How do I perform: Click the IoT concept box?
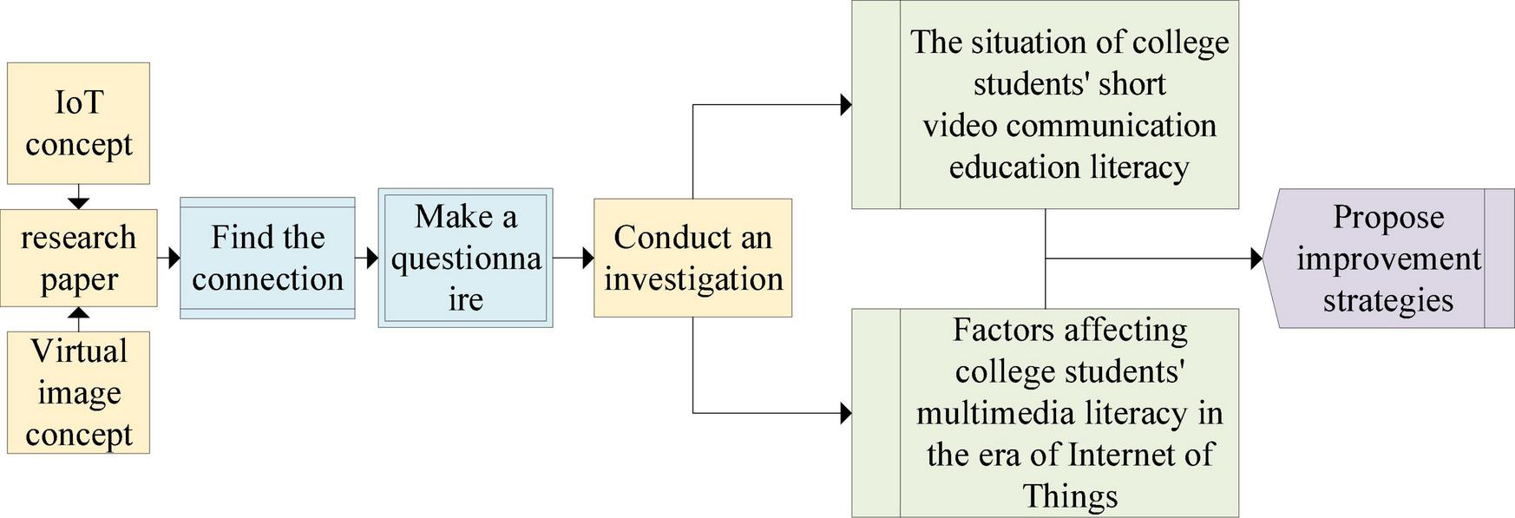(x=78, y=123)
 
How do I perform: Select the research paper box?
(x=78, y=258)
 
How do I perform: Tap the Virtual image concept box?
(x=78, y=392)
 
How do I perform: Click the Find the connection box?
(x=267, y=258)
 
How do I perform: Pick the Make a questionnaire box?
(x=465, y=258)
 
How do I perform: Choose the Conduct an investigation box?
(x=692, y=258)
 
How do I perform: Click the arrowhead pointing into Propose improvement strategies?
(x=1256, y=259)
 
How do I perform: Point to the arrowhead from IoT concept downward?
(x=78, y=203)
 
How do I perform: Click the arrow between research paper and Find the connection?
(x=170, y=258)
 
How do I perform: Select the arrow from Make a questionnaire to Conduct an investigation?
(x=574, y=258)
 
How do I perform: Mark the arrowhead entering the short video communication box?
(x=846, y=105)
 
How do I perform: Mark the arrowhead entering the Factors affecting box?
(x=846, y=413)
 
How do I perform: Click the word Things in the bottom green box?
(x=1069, y=496)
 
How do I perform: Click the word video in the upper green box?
(x=960, y=126)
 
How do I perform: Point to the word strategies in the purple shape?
(x=1387, y=300)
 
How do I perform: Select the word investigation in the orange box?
(x=693, y=279)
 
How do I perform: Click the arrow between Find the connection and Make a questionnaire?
(x=368, y=258)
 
